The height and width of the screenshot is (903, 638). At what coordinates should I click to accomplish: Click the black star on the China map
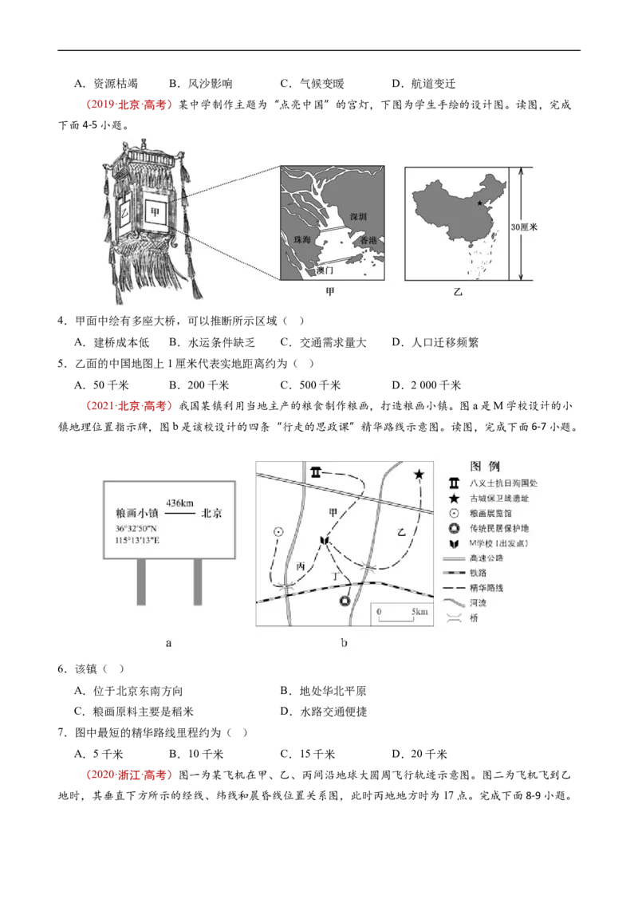click(478, 204)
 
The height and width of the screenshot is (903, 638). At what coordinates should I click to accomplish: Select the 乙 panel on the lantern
click(124, 211)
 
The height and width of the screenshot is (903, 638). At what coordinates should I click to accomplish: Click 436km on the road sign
click(179, 502)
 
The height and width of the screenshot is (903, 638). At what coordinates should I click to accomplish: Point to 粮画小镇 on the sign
click(139, 514)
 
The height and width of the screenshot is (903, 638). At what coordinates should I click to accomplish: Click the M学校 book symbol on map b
click(324, 542)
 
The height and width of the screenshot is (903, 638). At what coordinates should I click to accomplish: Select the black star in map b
click(419, 475)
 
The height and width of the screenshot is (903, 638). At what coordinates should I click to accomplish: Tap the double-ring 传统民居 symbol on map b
click(345, 601)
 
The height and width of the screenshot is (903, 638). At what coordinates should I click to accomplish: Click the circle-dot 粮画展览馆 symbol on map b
click(278, 531)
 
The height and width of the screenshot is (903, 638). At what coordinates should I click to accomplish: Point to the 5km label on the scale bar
click(419, 612)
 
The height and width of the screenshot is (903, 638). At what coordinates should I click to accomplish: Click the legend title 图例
click(485, 465)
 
